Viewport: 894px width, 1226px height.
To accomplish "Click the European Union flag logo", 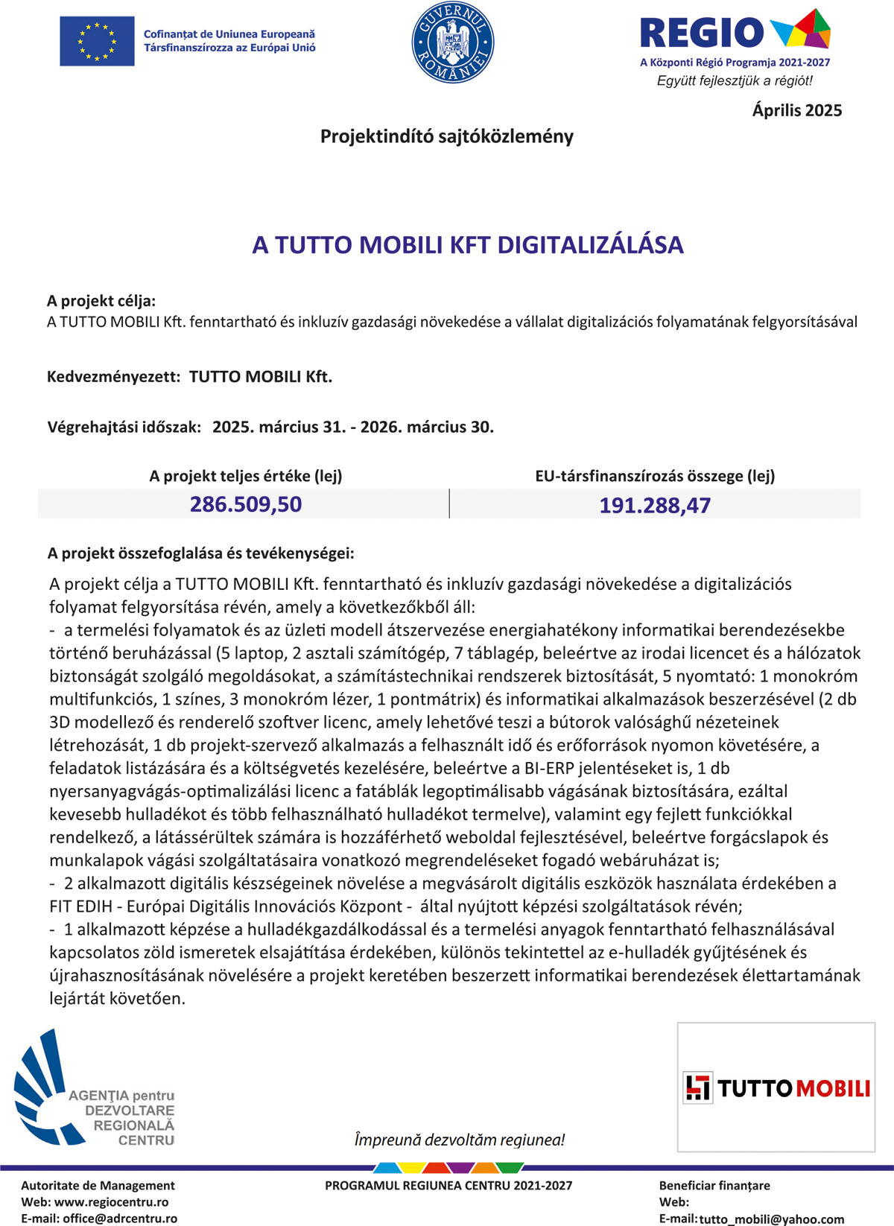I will click(x=97, y=41).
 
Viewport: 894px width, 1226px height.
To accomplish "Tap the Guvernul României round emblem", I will click(x=453, y=42).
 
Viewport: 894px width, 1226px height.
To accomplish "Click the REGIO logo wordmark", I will click(x=702, y=33).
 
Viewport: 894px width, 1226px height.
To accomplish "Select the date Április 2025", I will click(x=796, y=110).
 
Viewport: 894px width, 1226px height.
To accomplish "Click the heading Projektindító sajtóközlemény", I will click(x=447, y=136).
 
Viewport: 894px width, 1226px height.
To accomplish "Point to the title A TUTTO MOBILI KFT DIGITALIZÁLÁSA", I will click(x=468, y=244).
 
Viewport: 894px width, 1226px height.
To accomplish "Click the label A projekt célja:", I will click(x=101, y=301).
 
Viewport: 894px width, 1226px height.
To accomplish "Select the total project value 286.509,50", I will click(x=246, y=504).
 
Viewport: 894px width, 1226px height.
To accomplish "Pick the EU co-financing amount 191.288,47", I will click(x=655, y=505).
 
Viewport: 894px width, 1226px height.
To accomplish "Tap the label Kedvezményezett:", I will click(x=113, y=376).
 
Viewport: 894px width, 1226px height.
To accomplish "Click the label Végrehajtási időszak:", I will click(x=124, y=427).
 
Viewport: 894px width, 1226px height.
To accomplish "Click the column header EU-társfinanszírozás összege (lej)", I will click(x=655, y=476).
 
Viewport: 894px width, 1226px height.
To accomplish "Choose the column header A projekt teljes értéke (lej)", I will click(x=246, y=476).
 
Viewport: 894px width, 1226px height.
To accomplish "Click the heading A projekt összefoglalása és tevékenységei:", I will click(x=200, y=553).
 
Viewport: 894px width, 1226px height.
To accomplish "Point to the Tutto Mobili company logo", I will click(x=776, y=1088).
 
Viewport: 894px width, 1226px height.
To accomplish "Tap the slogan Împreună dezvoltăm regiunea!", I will click(x=459, y=1140).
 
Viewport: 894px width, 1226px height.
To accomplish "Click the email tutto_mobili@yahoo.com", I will click(x=772, y=1219).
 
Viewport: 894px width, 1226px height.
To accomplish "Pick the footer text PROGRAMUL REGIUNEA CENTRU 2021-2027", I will click(x=448, y=1185).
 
